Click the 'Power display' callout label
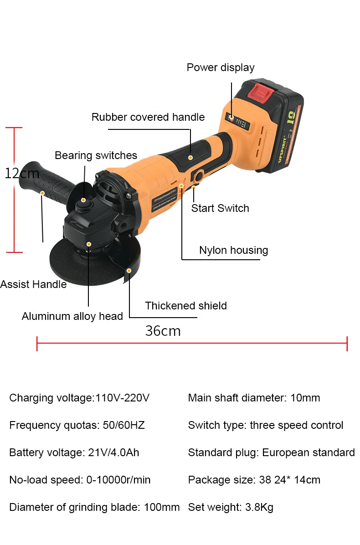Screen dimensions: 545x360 tap(221, 67)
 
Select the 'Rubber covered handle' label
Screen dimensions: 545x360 tap(148, 117)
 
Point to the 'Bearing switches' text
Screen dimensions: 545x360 tap(96, 155)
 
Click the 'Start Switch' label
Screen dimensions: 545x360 tap(220, 208)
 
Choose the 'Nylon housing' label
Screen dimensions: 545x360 tap(233, 250)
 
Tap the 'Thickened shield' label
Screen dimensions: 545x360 tap(186, 306)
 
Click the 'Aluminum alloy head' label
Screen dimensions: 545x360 tap(72, 316)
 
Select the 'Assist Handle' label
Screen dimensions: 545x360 tap(33, 284)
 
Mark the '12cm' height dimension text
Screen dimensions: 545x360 tap(22, 174)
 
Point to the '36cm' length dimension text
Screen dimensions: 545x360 tap(163, 330)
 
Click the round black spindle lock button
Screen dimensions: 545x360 tap(83, 205)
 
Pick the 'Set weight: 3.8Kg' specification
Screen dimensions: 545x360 tap(231, 507)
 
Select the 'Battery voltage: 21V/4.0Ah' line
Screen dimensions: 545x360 tap(74, 452)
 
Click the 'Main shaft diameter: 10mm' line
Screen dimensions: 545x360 tap(254, 398)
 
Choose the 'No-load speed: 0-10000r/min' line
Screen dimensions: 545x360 tap(80, 480)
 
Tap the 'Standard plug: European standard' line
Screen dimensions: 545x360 tap(271, 452)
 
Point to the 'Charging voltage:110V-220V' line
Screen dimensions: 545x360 tap(79, 398)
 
